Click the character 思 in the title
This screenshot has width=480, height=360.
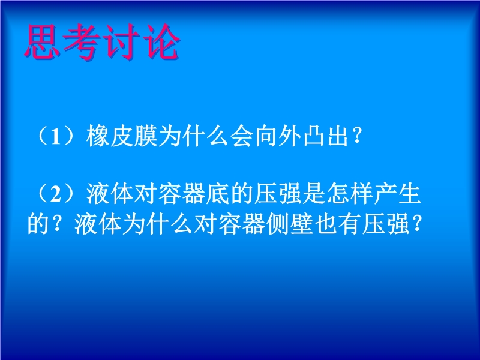pos(42,41)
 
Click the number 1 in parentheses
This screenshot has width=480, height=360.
pos(55,137)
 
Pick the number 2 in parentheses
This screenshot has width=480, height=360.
pos(55,194)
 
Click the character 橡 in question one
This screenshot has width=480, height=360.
pos(98,136)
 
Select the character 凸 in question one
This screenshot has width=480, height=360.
pos(314,136)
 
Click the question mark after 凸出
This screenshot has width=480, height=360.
pos(356,137)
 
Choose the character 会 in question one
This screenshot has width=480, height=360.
pos(242,136)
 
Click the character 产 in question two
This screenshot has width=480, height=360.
pos(386,194)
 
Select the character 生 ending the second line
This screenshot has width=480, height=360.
pos(410,194)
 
